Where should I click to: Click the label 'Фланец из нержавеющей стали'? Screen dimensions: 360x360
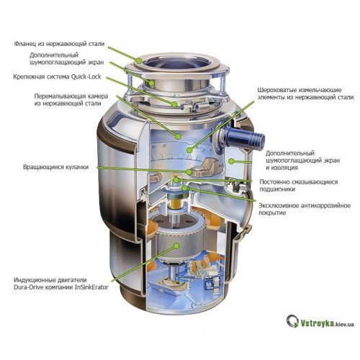click(x=59, y=44)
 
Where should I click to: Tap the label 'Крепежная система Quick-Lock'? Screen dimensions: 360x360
click(x=58, y=77)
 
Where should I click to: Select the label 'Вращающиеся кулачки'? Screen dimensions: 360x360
click(x=56, y=167)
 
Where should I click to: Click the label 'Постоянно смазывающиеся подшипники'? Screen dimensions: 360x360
click(x=299, y=186)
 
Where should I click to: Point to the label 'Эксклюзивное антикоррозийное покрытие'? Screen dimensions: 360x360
click(x=305, y=209)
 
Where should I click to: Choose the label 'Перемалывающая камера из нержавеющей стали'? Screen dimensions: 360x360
click(x=71, y=100)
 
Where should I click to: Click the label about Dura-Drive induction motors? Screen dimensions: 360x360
click(x=61, y=284)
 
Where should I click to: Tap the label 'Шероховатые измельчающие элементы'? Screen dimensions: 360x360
click(x=305, y=94)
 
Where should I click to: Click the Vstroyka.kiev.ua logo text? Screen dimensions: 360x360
click(x=328, y=324)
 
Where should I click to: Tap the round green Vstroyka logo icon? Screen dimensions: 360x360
click(x=292, y=321)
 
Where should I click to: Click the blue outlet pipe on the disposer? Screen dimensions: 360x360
click(x=245, y=138)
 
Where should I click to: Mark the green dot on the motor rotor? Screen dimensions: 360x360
click(x=177, y=246)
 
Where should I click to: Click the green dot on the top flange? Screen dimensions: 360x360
click(x=140, y=60)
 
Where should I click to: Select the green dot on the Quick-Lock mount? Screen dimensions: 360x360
click(x=174, y=104)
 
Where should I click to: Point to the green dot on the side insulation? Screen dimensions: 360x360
click(x=231, y=161)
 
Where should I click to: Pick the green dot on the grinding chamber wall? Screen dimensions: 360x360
click(x=178, y=136)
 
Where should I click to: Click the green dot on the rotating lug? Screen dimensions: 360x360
click(x=189, y=171)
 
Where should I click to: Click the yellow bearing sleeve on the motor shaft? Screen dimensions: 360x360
click(x=176, y=204)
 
